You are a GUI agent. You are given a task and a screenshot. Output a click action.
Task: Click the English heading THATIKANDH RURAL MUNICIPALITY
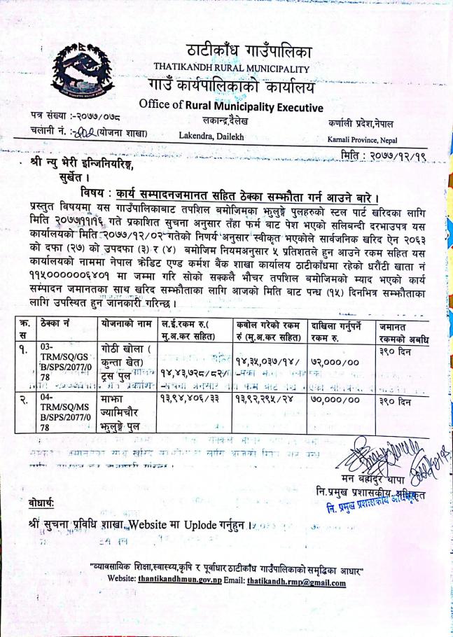pyautogui.click(x=231, y=68)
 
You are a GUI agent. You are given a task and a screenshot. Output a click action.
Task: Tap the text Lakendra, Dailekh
pyautogui.click(x=211, y=136)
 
